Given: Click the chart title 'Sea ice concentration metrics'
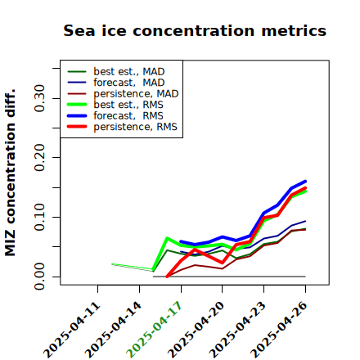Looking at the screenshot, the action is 195,30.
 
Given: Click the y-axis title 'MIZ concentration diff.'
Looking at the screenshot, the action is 11,173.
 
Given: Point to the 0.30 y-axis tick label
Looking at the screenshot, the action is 39,98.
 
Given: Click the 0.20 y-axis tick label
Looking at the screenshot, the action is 39,157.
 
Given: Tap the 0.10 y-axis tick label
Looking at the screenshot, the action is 39,217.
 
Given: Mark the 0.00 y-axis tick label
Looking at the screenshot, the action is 39,277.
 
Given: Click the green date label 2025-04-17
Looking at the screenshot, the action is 154,330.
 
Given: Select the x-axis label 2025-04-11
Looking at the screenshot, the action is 71,330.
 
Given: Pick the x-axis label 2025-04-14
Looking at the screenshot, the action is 113,330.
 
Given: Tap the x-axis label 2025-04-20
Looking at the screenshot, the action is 196,330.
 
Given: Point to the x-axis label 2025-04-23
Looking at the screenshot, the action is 237,330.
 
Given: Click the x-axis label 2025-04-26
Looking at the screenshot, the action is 279,330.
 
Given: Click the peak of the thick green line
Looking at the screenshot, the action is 167,238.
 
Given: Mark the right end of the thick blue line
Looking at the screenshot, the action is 305,182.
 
